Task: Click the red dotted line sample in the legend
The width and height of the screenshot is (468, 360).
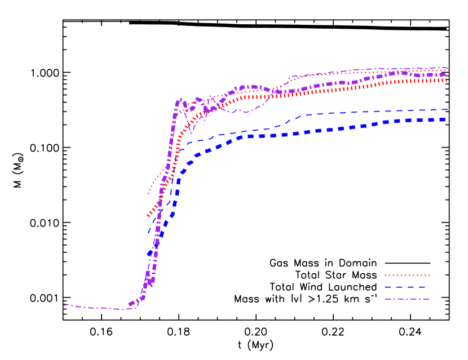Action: [407, 275]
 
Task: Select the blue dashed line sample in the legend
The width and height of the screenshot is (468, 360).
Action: [407, 287]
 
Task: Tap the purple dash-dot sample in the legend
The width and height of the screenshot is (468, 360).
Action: [407, 299]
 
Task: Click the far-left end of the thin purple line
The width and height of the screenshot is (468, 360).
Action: [64, 304]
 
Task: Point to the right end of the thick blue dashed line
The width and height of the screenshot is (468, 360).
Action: [446, 119]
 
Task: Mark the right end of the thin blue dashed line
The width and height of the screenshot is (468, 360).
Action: [448, 109]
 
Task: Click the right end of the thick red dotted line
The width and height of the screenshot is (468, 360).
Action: [446, 81]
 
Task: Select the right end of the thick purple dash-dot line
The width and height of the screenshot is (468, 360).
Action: [446, 74]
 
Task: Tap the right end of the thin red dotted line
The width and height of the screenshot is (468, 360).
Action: [448, 70]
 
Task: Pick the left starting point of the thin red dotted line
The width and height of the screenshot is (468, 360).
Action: [148, 194]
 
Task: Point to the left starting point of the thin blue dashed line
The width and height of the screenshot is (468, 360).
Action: [148, 233]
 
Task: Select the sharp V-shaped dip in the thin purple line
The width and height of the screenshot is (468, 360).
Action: [191, 133]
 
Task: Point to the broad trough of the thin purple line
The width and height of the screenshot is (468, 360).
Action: [246, 112]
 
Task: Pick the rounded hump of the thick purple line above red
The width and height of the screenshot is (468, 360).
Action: [248, 87]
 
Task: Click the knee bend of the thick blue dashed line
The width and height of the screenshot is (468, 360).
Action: [189, 163]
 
